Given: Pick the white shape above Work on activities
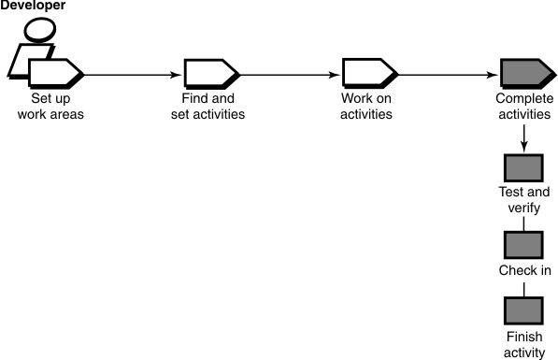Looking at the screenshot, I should [367, 72].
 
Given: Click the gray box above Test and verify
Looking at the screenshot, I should [523, 167].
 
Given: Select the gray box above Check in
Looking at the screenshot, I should [523, 245].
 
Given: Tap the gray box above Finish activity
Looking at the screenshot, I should [523, 310].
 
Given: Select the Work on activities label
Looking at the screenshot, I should [366, 108].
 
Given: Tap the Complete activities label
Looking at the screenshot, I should [523, 108].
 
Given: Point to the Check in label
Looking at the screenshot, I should [524, 271].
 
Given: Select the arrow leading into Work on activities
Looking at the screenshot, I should [290, 73].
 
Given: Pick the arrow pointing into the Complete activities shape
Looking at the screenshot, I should [449, 73].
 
